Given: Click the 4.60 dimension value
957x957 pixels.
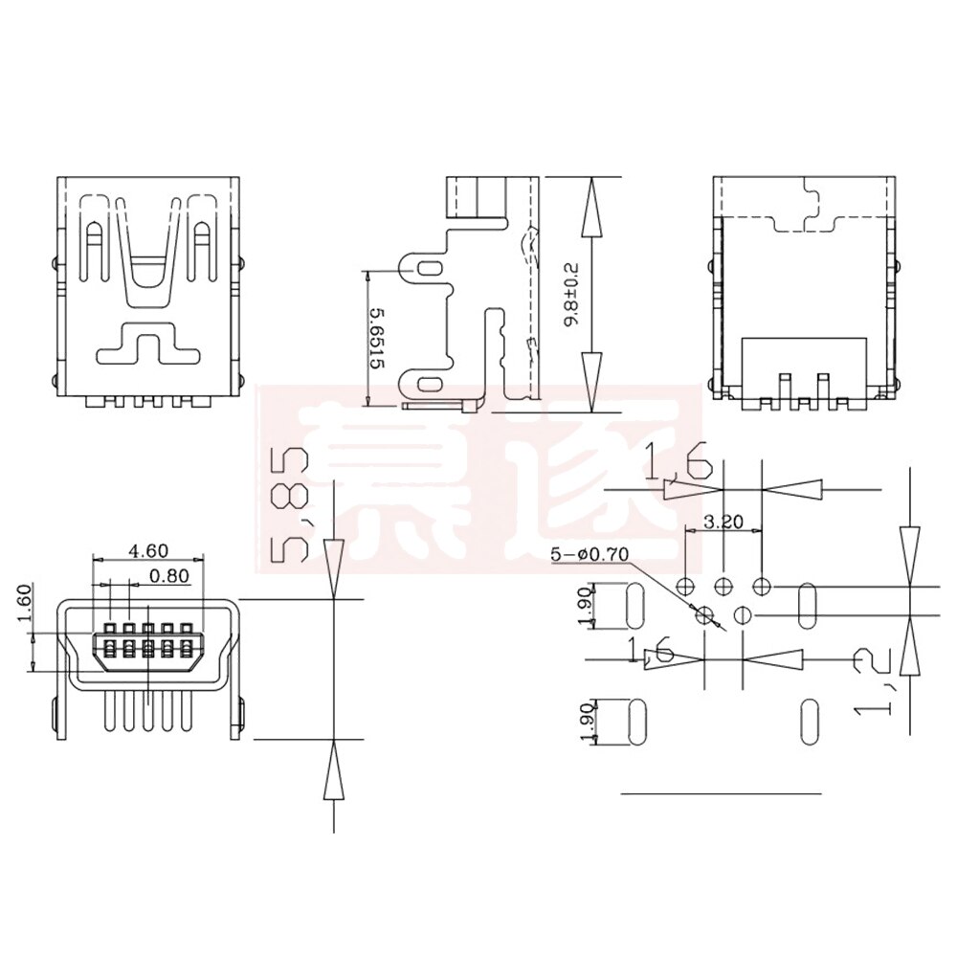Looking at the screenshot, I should pyautogui.click(x=148, y=550).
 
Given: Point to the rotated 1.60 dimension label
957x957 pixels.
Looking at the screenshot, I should pyautogui.click(x=25, y=604).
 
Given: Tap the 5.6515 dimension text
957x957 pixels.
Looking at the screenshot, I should pyautogui.click(x=376, y=339).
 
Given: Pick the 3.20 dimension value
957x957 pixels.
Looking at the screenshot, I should pyautogui.click(x=723, y=523).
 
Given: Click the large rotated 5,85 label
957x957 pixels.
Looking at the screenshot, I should pyautogui.click(x=291, y=506).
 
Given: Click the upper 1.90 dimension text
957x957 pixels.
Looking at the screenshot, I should pyautogui.click(x=587, y=606).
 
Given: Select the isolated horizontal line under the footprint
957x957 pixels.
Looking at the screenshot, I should pyautogui.click(x=722, y=793).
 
